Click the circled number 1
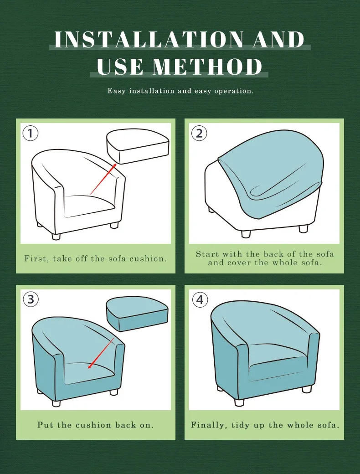tap(31, 134)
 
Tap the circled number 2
tap(199, 134)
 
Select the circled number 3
tap(31, 299)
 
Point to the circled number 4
tap(200, 300)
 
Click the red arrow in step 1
tap(105, 179)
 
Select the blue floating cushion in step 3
tap(137, 314)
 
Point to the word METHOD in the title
tap(208, 67)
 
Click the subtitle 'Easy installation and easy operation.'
tap(180, 91)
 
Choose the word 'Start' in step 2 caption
tap(207, 254)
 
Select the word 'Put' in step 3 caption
tap(45, 425)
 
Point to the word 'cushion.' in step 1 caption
tap(149, 258)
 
